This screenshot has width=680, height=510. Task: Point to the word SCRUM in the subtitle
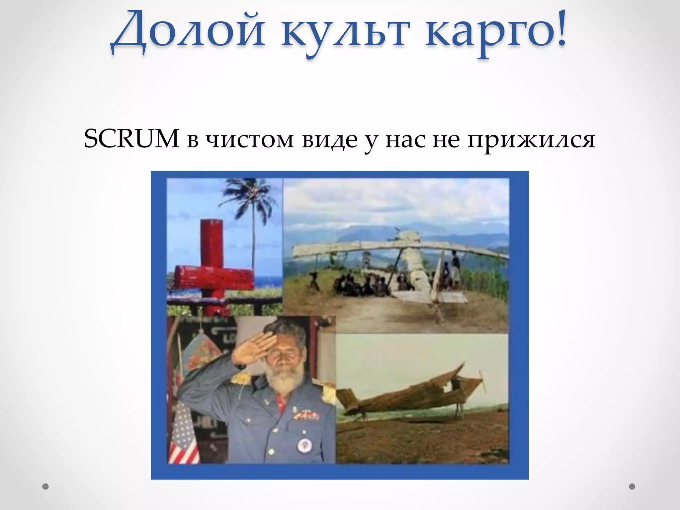pyautogui.click(x=131, y=139)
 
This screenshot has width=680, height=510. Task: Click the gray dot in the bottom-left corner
pyautogui.click(x=45, y=486)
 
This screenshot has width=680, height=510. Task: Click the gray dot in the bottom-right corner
pyautogui.click(x=632, y=486)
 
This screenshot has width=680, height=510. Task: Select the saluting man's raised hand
pyautogui.click(x=251, y=349)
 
